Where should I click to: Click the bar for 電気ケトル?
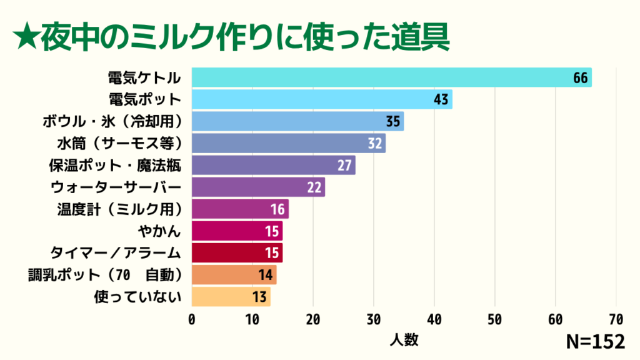[391, 77]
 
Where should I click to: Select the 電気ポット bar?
[322, 99]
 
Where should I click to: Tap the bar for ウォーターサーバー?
[258, 187]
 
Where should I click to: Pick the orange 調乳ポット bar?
[234, 274]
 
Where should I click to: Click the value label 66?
[581, 77]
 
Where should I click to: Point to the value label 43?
[441, 99]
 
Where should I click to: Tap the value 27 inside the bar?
[344, 165]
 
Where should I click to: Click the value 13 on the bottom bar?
[260, 296]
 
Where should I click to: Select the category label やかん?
[159, 231]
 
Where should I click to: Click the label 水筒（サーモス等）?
[119, 143]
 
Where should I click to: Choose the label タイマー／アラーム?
[116, 252]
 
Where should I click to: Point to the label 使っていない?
[137, 296]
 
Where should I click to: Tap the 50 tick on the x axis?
[495, 319]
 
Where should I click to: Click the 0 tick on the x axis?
[192, 319]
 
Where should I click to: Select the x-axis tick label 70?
[616, 319]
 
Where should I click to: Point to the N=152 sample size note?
[595, 342]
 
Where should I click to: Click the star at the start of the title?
[25, 38]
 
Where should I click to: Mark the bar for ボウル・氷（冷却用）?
[297, 121]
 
